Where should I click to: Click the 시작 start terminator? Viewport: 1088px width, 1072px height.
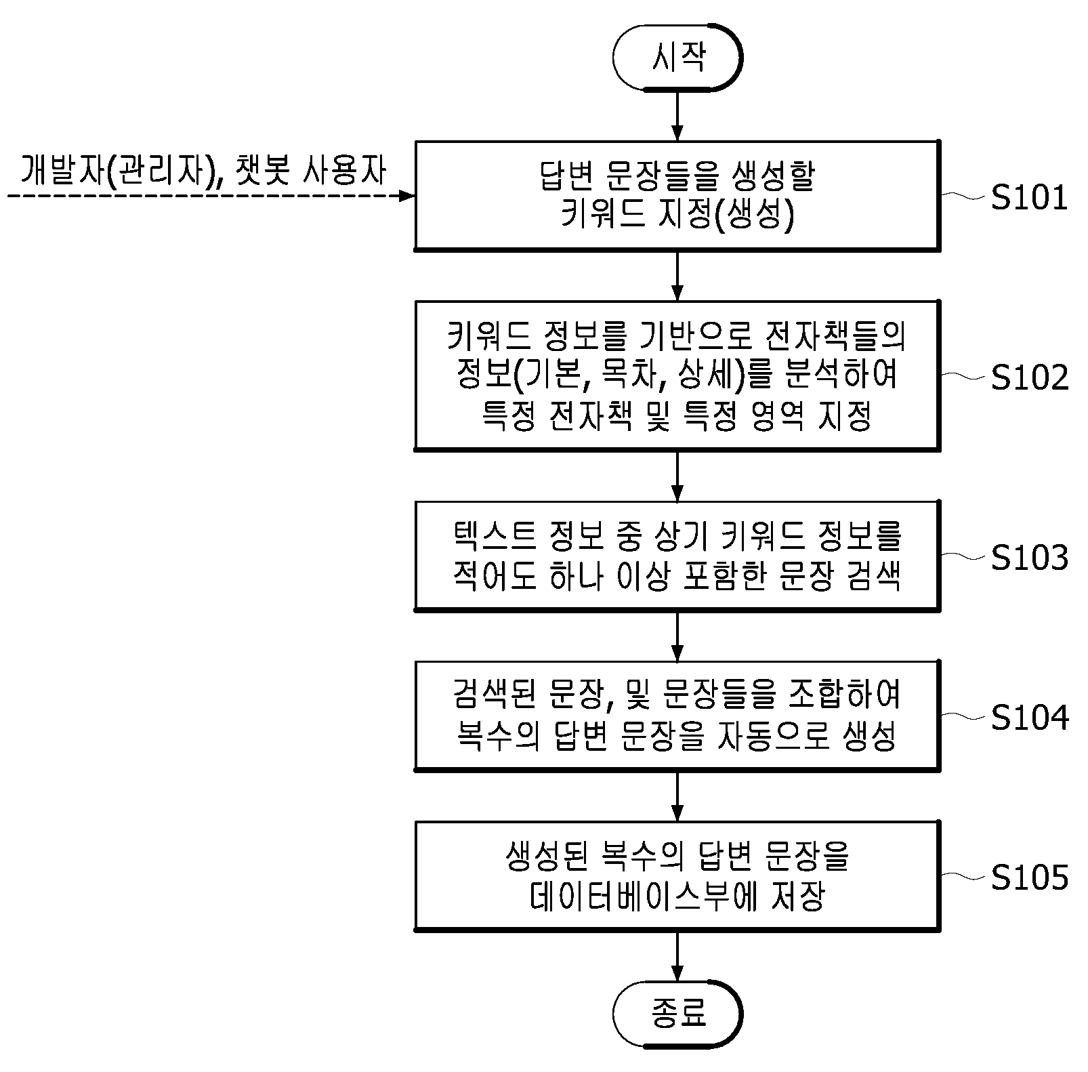pos(677,57)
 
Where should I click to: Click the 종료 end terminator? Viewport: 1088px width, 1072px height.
pos(677,1014)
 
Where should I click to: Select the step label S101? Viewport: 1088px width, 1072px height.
pos(1029,198)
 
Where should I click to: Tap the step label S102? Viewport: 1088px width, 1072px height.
pos(1030,377)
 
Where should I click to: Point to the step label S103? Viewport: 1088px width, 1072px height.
pos(1030,558)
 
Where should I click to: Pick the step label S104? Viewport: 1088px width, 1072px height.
pos(1030,718)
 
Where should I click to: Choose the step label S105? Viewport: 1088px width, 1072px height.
pos(1030,878)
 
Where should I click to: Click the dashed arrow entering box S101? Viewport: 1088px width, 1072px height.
pos(211,196)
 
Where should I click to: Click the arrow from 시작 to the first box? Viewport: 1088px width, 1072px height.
pos(677,116)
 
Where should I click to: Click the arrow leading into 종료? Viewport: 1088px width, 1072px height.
pos(677,955)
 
